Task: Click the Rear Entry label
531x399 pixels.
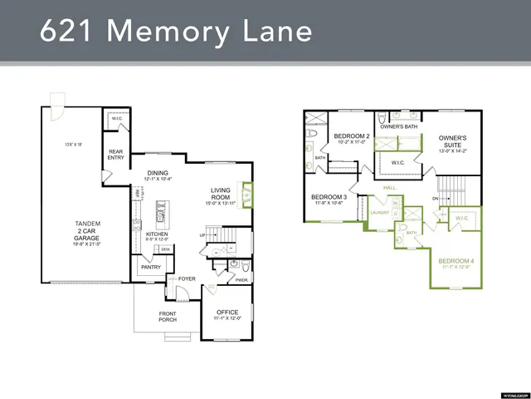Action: (115, 155)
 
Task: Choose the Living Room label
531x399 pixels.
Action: (220, 195)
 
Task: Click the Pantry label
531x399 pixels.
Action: (150, 268)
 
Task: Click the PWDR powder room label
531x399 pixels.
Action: (241, 280)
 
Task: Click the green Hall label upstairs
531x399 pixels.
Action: (390, 188)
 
